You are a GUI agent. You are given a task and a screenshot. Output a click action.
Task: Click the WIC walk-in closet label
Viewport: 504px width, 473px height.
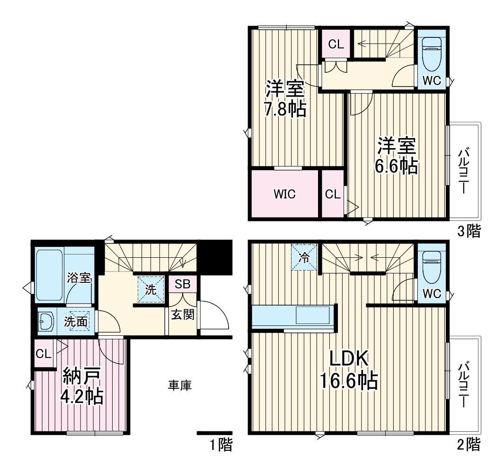(284, 194)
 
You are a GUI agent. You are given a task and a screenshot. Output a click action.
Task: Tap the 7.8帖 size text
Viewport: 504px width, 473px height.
(285, 109)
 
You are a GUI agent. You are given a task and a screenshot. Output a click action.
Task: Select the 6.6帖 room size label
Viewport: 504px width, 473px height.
(397, 166)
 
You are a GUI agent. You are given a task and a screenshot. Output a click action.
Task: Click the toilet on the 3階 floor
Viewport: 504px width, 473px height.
(431, 53)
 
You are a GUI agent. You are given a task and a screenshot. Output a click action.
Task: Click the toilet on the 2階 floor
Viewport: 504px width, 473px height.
(431, 267)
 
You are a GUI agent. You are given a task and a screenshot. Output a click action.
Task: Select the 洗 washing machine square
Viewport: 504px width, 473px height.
(151, 289)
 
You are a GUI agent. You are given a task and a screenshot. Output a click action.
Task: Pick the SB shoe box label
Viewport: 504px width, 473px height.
(182, 284)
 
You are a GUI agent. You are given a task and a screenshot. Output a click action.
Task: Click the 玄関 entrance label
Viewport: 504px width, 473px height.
(183, 314)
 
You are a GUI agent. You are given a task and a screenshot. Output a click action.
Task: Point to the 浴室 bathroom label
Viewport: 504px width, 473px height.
(79, 278)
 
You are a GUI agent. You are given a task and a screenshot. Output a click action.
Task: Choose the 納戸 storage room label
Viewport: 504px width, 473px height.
(82, 377)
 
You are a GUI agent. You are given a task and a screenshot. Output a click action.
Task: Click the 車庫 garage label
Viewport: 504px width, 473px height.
(180, 385)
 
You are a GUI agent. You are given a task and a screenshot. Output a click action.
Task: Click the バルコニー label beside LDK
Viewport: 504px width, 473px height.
(464, 385)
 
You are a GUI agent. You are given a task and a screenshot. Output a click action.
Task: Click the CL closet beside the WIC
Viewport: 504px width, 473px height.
(333, 194)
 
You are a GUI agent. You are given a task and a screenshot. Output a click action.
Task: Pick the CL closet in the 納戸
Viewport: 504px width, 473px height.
(44, 354)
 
